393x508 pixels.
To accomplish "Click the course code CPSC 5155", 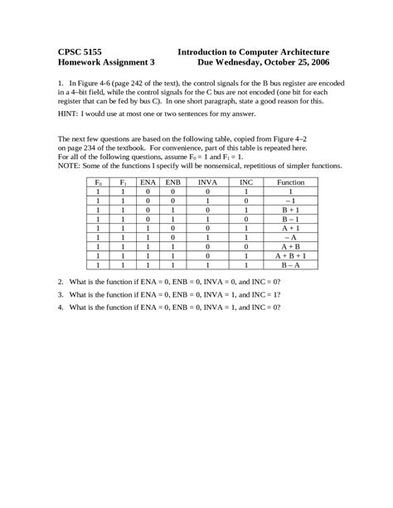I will pos(80,51).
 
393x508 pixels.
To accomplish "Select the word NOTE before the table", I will pos(69,164).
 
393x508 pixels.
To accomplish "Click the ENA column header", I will pos(147,181).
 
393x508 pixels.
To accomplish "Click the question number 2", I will pos(61,282).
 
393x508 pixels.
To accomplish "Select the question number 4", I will pos(61,306).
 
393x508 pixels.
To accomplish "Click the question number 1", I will pos(61,84).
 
